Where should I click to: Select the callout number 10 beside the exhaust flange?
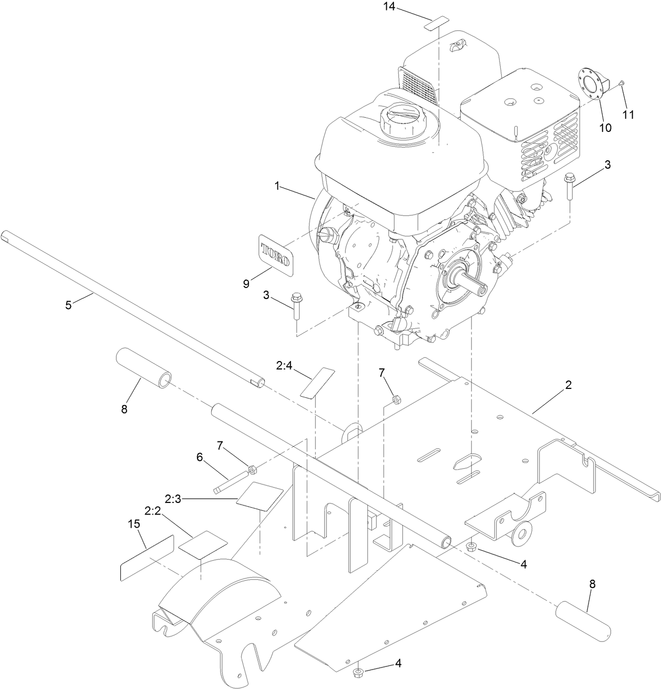[x=605, y=128]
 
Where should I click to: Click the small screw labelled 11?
[x=622, y=83]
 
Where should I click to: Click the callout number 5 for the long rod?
[x=68, y=305]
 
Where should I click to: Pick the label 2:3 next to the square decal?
[x=173, y=498]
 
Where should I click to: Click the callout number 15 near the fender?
[x=135, y=524]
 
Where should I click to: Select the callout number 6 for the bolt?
[x=200, y=457]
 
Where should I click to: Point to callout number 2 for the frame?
[x=568, y=385]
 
